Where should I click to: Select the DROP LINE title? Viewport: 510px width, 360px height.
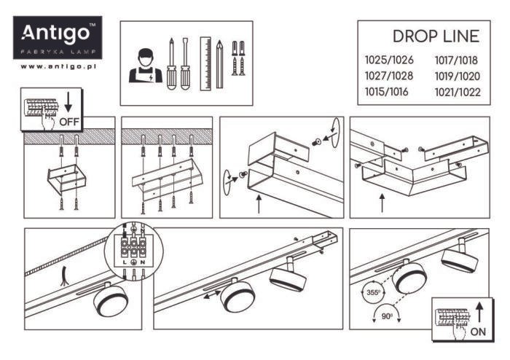click(x=435, y=36)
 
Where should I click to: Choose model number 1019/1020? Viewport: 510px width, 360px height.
click(x=457, y=77)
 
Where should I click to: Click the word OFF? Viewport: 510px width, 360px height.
click(x=68, y=121)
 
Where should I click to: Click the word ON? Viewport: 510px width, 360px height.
click(x=479, y=329)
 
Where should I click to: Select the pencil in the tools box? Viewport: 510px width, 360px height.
click(x=219, y=62)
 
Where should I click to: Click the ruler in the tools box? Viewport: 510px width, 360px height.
click(x=205, y=62)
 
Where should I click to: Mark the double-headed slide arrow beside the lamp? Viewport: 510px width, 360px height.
click(x=212, y=297)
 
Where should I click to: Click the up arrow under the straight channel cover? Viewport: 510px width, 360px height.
click(x=260, y=202)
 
